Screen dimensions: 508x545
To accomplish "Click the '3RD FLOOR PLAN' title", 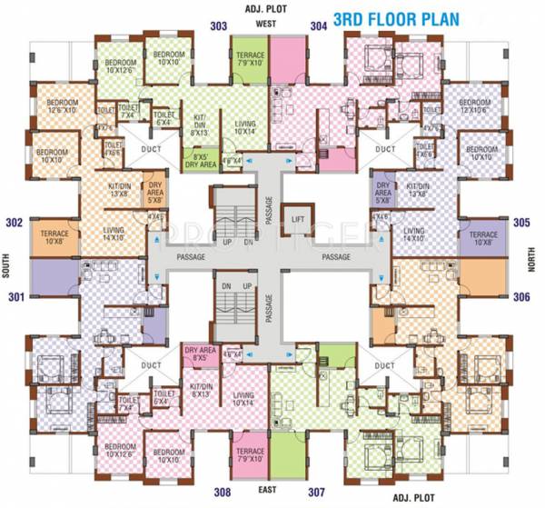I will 409,19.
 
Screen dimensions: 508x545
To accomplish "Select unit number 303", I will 218,26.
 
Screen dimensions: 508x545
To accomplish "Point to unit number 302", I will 14,222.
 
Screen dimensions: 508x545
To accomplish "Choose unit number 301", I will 14,295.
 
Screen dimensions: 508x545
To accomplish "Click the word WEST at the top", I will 266,24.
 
